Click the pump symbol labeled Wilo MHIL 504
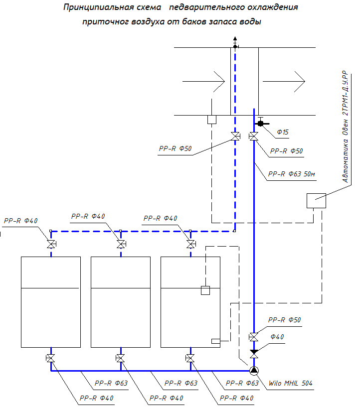(x=254, y=371)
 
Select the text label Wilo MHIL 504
(x=290, y=384)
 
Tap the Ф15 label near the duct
(x=283, y=132)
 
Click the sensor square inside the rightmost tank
(x=205, y=290)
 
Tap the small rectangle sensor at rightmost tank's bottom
(x=216, y=341)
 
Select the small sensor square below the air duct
(x=211, y=120)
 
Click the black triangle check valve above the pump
(x=254, y=352)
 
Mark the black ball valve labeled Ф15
(x=260, y=123)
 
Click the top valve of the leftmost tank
(x=51, y=244)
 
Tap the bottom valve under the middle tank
(x=120, y=358)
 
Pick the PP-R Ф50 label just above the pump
(x=284, y=320)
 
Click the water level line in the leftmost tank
(x=50, y=288)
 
